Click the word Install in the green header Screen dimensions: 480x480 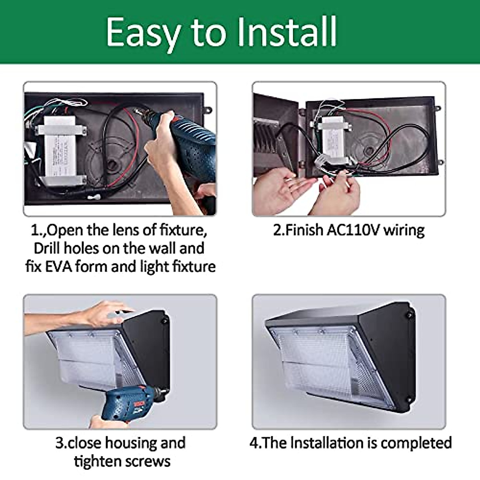point(287,32)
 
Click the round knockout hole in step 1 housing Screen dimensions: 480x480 point(113,165)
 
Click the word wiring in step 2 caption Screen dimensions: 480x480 point(404,230)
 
